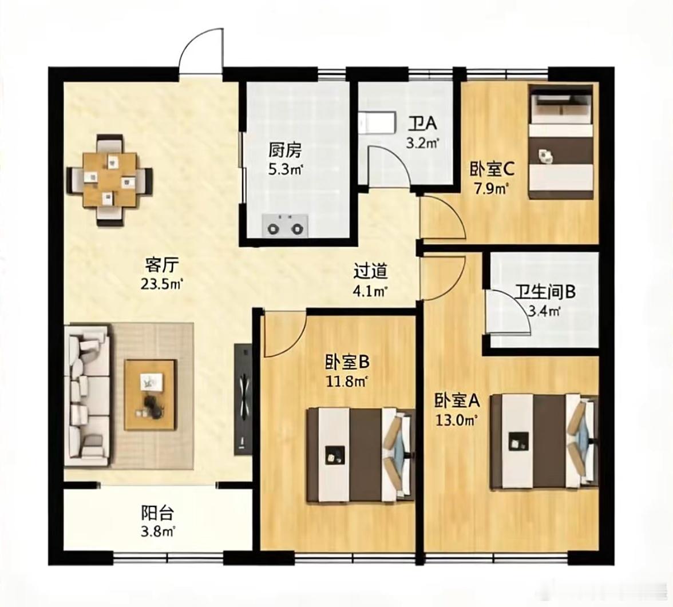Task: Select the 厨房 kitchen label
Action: [285, 151]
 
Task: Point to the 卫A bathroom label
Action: [422, 125]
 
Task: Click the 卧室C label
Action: [491, 170]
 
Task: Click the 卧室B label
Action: [346, 363]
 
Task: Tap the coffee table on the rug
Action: [150, 395]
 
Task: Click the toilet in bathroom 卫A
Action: [377, 123]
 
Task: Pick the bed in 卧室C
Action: [561, 141]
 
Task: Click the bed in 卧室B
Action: [361, 455]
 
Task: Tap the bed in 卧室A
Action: [544, 442]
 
